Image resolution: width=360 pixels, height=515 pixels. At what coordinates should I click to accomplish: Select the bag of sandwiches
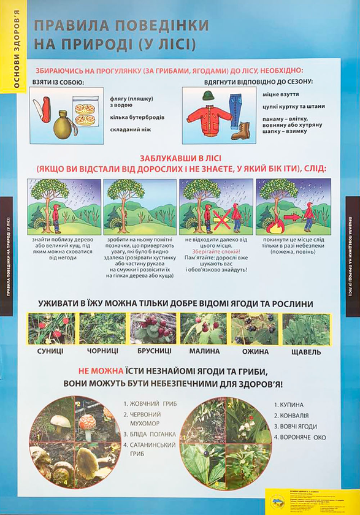84,112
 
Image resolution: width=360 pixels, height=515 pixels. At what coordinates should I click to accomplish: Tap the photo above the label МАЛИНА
203,329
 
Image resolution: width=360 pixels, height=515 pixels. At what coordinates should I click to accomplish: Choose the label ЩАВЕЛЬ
307,352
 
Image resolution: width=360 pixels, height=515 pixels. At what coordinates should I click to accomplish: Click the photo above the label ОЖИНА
255,329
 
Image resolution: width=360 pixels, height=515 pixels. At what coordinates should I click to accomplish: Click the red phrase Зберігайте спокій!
216,251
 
